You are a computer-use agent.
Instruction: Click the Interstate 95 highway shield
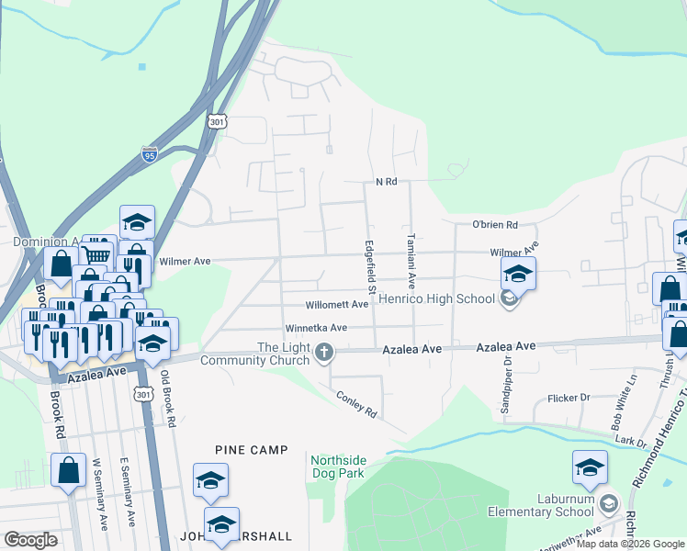pyautogui.click(x=150, y=154)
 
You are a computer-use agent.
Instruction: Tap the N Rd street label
pyautogui.click(x=386, y=182)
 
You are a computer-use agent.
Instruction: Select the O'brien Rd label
pyautogui.click(x=495, y=224)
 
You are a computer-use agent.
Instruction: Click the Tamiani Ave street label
pyautogui.click(x=411, y=262)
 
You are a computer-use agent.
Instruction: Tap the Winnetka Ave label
pyautogui.click(x=315, y=328)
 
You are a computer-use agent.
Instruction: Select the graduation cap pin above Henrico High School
pyautogui.click(x=518, y=273)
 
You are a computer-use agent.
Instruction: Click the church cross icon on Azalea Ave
pyautogui.click(x=323, y=351)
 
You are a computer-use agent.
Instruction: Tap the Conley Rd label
pyautogui.click(x=357, y=407)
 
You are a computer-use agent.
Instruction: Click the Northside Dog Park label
pyautogui.click(x=337, y=467)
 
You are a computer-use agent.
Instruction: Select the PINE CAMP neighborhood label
pyautogui.click(x=252, y=450)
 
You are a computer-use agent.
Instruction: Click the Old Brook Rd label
pyautogui.click(x=166, y=399)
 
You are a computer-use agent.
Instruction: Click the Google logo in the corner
pyautogui.click(x=31, y=540)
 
